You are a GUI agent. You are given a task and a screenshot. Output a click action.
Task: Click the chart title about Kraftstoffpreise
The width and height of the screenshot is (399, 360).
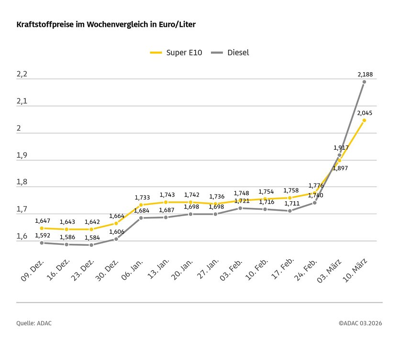tap(106, 24)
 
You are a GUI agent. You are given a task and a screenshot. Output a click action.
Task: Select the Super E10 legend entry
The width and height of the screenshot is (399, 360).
tap(176, 53)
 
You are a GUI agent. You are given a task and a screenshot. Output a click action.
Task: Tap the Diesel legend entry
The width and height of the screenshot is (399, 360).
tap(232, 53)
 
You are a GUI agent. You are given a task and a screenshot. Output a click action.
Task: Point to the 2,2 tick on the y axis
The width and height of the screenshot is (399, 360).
tap(22, 75)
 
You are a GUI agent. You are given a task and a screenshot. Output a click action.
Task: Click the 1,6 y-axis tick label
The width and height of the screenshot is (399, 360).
tap(22, 236)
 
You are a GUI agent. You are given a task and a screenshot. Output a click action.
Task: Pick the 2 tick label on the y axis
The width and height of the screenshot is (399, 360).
tap(19, 129)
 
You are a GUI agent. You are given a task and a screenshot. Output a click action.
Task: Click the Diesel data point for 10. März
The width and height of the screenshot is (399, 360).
tap(364, 82)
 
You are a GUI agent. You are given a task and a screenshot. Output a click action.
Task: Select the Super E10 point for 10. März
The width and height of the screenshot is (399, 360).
tap(364, 120)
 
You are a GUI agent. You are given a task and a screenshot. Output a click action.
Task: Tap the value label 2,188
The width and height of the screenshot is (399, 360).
tap(365, 75)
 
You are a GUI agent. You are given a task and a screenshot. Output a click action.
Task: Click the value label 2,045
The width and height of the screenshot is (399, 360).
tap(365, 113)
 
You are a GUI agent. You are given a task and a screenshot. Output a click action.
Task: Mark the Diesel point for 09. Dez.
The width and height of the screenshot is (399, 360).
tap(42, 243)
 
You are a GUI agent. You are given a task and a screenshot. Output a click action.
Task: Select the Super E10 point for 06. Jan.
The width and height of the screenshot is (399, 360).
tap(141, 205)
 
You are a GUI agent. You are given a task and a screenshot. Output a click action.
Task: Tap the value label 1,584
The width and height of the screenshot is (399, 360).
tap(92, 237)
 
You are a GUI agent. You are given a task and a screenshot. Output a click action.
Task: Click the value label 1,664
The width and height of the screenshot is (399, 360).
tap(117, 216)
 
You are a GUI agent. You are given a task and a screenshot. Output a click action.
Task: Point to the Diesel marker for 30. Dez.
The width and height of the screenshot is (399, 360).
tap(116, 239)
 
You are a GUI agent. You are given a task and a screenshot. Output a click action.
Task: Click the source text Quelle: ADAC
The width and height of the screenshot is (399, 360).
tap(34, 323)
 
